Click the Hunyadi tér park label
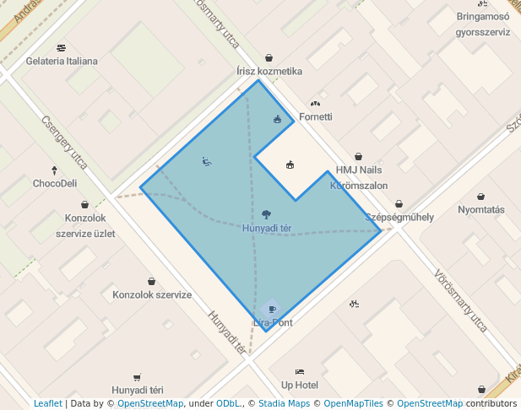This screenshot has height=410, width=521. pos(267,228)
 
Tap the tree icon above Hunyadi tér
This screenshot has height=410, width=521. pos(267,214)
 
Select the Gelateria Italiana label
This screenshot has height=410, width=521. pos(62,61)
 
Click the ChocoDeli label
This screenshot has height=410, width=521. pos(55,183)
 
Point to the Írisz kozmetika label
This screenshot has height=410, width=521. pos(269,72)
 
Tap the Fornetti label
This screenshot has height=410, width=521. pos(316,116)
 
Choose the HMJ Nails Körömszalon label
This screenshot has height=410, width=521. pos(359,177)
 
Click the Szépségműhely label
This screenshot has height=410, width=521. pos(399,217)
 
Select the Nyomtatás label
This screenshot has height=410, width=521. pos(480,210)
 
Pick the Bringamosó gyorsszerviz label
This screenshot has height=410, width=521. pos(483,24)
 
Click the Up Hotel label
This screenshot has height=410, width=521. pos(300,385)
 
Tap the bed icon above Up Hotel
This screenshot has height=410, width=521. pos(299,371)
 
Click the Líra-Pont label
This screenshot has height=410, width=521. pos(272,322)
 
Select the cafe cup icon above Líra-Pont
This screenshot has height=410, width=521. pos(271,309)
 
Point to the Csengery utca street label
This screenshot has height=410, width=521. pos(64,143)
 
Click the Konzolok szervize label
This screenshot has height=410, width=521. pos(152,295)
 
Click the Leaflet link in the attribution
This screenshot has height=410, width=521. pos(47,404)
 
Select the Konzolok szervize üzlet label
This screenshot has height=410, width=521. pos(85,225)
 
